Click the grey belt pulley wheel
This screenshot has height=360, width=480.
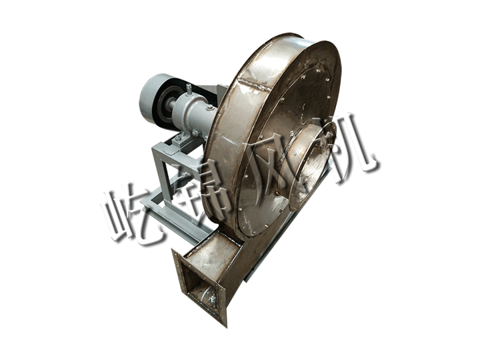pyautogui.click(x=152, y=100)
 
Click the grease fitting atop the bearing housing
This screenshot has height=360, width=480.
pyautogui.click(x=189, y=89)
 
